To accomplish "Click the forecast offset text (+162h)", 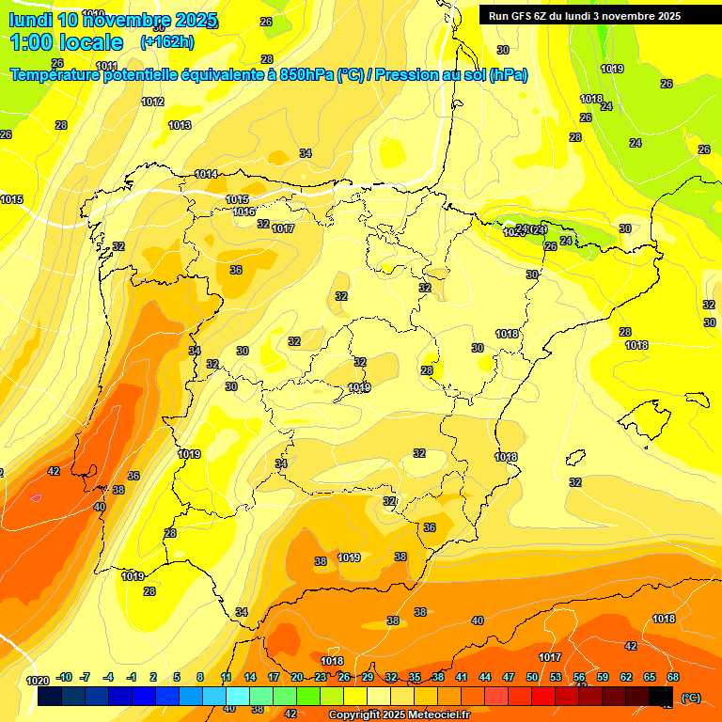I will tap(166, 42).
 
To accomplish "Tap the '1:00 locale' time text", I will tap(67, 42).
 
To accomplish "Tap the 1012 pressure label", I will tap(152, 102).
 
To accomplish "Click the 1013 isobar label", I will tap(180, 125).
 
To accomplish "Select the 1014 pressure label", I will tap(206, 175).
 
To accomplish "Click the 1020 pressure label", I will tap(38, 681).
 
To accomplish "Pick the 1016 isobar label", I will tap(244, 212).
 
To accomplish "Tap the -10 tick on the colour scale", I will tap(64, 677).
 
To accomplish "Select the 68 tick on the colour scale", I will tap(673, 677).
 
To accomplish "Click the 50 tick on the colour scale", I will tap(532, 677).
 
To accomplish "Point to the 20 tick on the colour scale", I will tap(297, 677).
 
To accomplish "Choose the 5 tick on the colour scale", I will tap(177, 677).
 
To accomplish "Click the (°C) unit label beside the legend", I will tap(691, 697).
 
